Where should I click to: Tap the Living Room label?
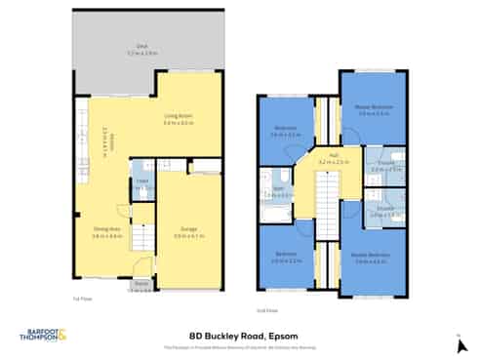click(x=176, y=118)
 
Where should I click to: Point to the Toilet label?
click(x=142, y=180)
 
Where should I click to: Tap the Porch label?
click(x=140, y=284)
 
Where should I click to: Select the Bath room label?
click(x=278, y=189)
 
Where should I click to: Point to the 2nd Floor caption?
click(x=266, y=310)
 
